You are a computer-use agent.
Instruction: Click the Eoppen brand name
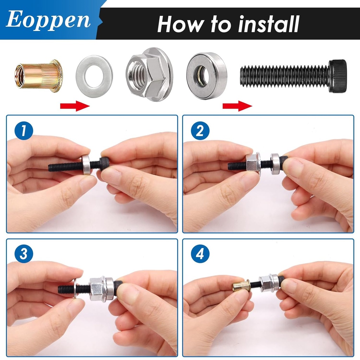tap(48, 20)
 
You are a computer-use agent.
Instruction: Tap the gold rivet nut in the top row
tap(38, 76)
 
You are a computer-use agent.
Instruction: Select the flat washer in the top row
tap(94, 76)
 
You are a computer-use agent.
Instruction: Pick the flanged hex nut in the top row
tap(149, 74)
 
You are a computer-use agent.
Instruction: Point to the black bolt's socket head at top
tap(337, 76)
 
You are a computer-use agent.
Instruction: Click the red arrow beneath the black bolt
tap(237, 105)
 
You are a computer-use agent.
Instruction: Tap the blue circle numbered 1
tap(24, 131)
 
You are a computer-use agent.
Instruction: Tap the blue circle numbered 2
tap(200, 131)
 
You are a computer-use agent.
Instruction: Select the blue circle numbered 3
tap(24, 255)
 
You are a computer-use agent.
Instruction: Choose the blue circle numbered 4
tap(200, 255)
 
